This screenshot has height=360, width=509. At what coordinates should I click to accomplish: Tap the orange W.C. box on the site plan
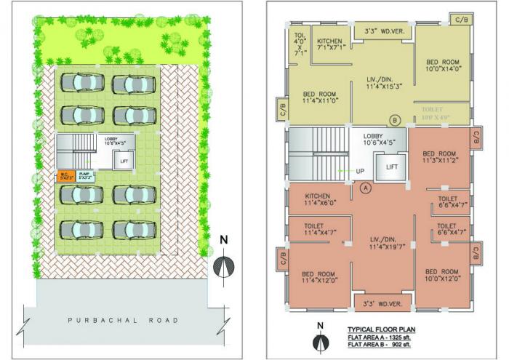tap(67, 175)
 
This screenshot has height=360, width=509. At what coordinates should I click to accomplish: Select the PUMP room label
tap(87, 175)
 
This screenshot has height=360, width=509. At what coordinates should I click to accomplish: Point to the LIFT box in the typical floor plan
tap(391, 167)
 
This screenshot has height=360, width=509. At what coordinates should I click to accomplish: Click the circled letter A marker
tap(366, 188)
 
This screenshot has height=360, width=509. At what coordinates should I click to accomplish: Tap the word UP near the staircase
tap(359, 171)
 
